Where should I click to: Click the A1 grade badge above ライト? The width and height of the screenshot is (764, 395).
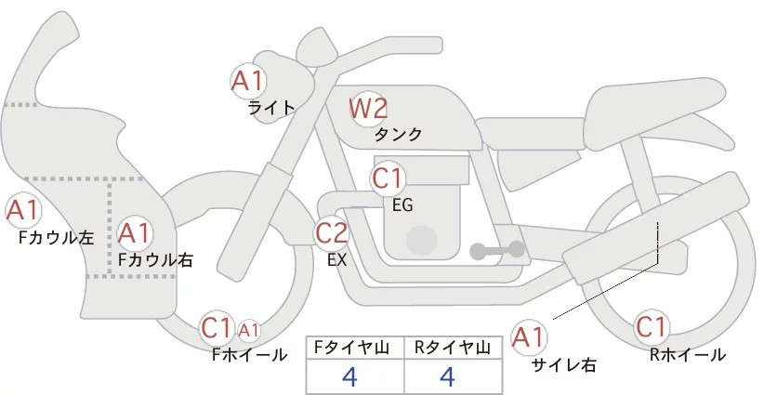pyautogui.click(x=248, y=79)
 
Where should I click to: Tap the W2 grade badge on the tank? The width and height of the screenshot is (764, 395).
pyautogui.click(x=368, y=109)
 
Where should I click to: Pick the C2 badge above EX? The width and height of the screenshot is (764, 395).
pyautogui.click(x=332, y=232)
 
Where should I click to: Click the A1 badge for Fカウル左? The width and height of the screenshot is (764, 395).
pyautogui.click(x=22, y=211)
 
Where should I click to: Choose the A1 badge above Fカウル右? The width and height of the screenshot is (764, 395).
pyautogui.click(x=136, y=232)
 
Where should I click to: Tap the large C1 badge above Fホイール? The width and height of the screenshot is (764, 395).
pyautogui.click(x=217, y=327)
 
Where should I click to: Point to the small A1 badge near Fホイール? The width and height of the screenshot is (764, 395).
pyautogui.click(x=248, y=329)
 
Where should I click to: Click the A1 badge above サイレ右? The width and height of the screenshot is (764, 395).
pyautogui.click(x=532, y=336)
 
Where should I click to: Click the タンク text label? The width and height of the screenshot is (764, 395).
pyautogui.click(x=398, y=134)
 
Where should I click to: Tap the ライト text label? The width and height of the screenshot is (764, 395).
pyautogui.click(x=271, y=107)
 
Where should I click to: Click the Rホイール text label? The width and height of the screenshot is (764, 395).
pyautogui.click(x=689, y=354)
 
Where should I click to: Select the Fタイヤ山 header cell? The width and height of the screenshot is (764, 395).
pyautogui.click(x=355, y=348)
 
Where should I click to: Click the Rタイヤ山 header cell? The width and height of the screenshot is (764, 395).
pyautogui.click(x=453, y=348)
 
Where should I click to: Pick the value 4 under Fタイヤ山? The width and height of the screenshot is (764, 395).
pyautogui.click(x=349, y=376)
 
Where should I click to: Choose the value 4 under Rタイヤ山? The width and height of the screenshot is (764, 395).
pyautogui.click(x=447, y=376)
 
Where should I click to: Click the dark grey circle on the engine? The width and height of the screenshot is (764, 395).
pyautogui.click(x=424, y=240)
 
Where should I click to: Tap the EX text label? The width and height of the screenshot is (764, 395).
pyautogui.click(x=337, y=260)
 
